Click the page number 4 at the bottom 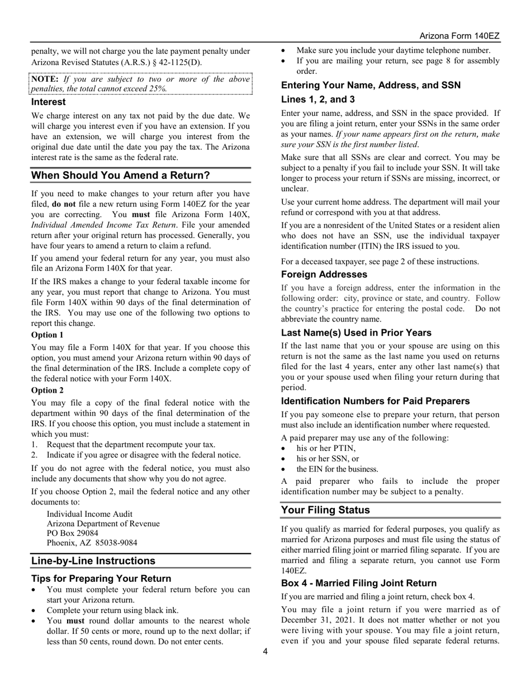265,651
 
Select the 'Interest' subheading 48,102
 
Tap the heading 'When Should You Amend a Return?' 120,176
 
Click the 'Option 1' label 47,335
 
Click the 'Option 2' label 47,390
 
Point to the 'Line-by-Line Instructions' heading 93,561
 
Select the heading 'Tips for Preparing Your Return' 101,578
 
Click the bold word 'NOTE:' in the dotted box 44,79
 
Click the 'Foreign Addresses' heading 324,275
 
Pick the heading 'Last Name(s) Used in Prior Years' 356,333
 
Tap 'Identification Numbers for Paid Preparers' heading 375,401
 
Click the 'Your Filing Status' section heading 325,510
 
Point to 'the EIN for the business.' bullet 337,469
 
